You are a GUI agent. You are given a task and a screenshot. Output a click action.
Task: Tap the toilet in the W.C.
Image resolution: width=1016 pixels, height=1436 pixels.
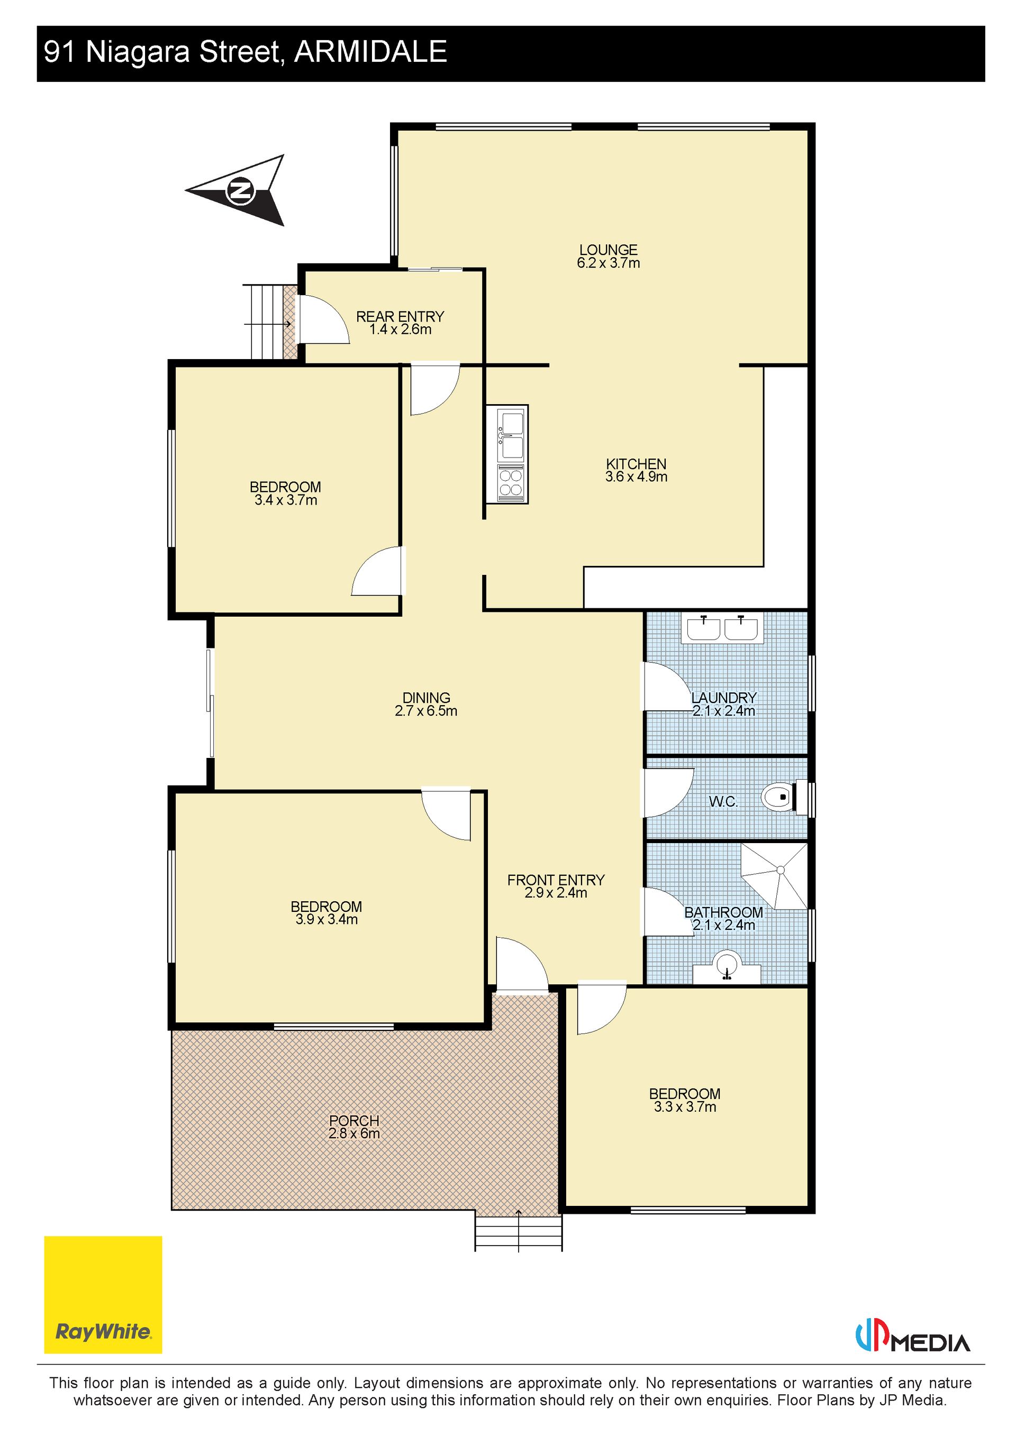(784, 798)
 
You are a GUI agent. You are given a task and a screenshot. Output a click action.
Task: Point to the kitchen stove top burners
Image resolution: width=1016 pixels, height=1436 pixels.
(511, 483)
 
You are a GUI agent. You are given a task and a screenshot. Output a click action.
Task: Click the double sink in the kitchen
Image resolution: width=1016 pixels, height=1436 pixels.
(511, 434)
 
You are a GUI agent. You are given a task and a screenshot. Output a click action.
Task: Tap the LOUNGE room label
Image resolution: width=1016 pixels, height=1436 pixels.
(608, 250)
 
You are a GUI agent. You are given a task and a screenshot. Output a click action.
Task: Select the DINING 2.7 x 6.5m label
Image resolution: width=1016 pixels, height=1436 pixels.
(426, 704)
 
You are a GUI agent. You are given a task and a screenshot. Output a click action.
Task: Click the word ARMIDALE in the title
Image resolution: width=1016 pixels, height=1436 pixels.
(371, 51)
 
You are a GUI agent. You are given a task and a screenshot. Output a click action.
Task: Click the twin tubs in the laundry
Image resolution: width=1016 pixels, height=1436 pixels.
(723, 628)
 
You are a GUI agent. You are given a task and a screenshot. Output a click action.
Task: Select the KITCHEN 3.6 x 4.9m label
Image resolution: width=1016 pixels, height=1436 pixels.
(636, 470)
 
